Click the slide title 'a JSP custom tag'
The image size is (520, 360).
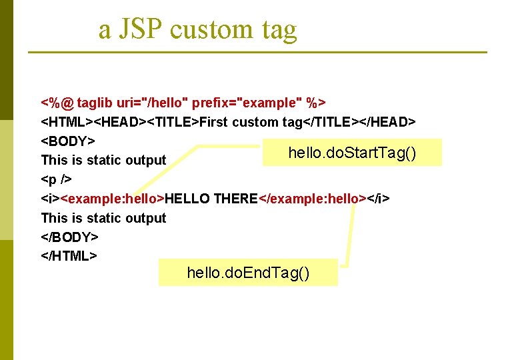tap(197, 29)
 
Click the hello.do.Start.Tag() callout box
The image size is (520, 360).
tap(352, 153)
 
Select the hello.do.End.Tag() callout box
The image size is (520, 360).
tap(248, 273)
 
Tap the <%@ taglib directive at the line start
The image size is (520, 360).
tap(57, 103)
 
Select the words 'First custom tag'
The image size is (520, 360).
tap(251, 122)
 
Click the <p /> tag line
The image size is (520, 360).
tap(57, 179)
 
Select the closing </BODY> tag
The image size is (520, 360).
tap(70, 237)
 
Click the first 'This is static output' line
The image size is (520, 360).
tap(103, 160)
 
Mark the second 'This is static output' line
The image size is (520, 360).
tap(103, 218)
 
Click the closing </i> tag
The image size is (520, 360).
tap(378, 199)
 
